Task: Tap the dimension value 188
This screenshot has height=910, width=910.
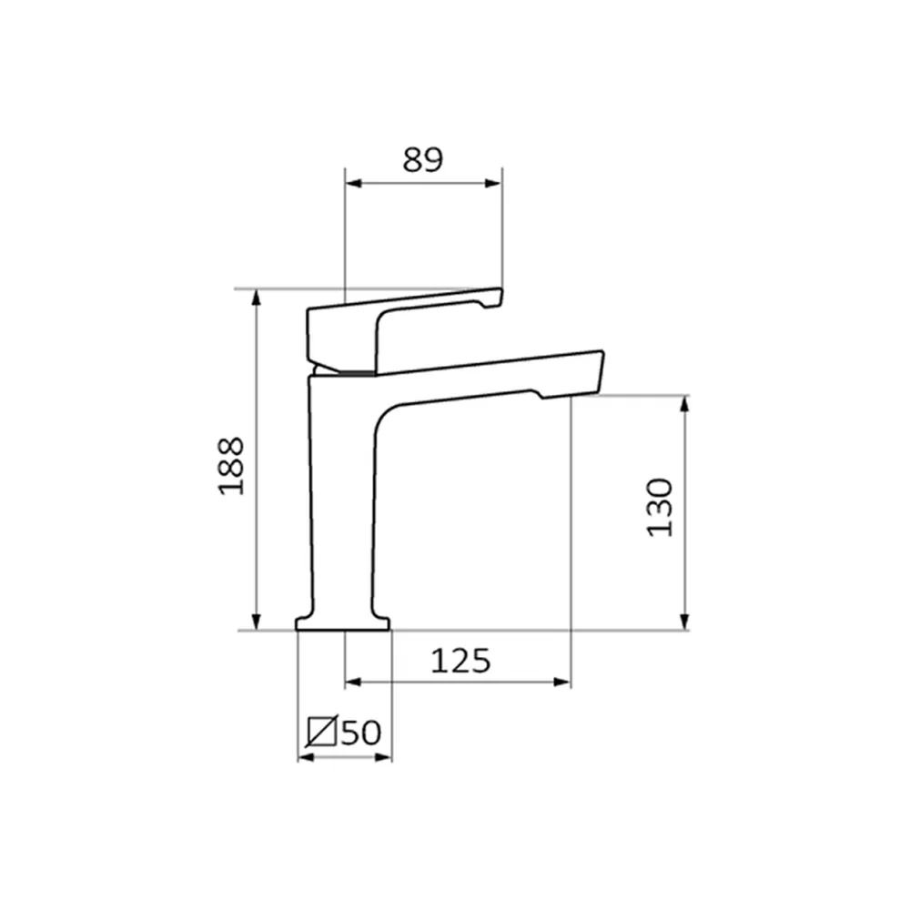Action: tap(231, 466)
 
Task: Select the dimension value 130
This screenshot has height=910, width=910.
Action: tap(660, 507)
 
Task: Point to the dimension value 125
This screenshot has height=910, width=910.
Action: tap(460, 661)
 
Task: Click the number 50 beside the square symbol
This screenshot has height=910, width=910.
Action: tap(361, 733)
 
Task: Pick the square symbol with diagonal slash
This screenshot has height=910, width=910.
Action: tap(322, 732)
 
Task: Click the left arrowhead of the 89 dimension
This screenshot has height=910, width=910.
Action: tap(353, 184)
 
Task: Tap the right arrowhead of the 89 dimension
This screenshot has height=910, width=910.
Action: tap(493, 184)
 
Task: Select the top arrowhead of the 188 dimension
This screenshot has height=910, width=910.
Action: tap(256, 298)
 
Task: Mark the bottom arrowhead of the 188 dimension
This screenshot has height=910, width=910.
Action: tap(256, 622)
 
